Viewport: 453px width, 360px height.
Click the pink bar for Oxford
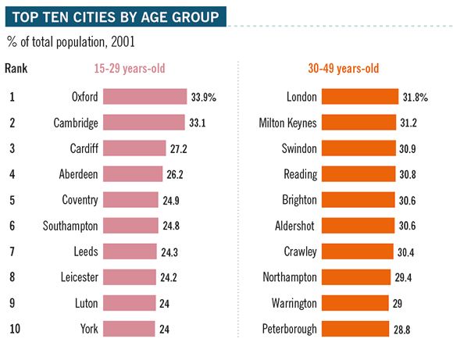click(x=144, y=97)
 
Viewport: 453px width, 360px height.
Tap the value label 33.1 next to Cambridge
click(x=198, y=123)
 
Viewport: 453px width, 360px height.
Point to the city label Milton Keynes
click(x=288, y=123)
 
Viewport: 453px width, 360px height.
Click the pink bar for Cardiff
click(x=134, y=148)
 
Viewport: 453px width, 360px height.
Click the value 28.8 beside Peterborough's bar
click(x=403, y=329)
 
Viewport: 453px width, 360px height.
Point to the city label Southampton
click(x=70, y=226)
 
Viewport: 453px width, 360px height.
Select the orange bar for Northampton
click(x=356, y=277)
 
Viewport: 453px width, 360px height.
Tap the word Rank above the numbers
click(x=16, y=69)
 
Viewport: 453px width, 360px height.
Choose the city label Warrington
click(x=292, y=303)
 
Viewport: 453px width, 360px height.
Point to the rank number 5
click(x=12, y=200)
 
